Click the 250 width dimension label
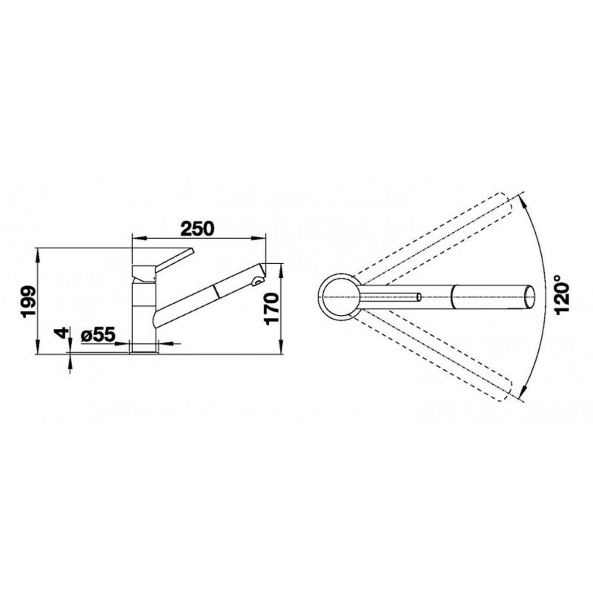[197, 228]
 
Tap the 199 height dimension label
[29, 301]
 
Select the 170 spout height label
[272, 308]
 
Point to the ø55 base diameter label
[98, 334]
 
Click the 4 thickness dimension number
[62, 333]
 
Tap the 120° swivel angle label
[562, 294]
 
